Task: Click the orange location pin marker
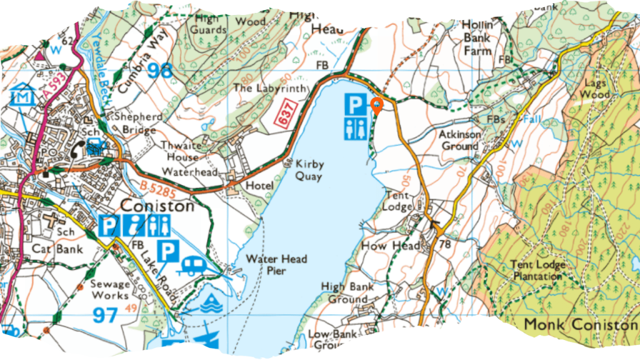point(377,106)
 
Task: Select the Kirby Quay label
point(309,170)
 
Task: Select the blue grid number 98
point(159,69)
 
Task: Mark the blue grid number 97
point(106,314)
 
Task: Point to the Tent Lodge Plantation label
point(536,270)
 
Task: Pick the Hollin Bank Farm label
point(477,37)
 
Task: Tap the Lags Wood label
point(594,89)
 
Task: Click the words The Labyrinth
point(271,89)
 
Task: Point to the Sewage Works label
point(110,289)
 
